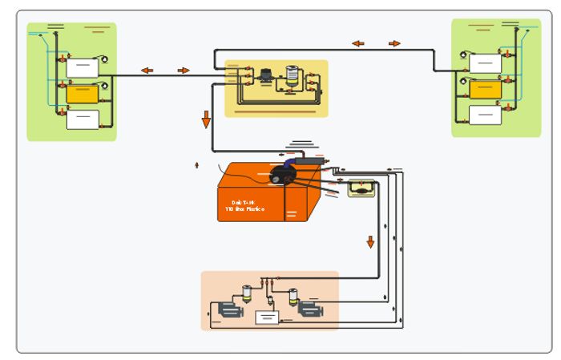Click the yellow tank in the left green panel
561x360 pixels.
[x=82, y=94]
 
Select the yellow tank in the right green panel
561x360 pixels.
[x=485, y=89]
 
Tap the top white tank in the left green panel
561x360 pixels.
[x=82, y=67]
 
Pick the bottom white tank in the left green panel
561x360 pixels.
[x=82, y=119]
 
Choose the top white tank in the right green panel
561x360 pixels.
[x=485, y=63]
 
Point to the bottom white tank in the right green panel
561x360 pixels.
[x=485, y=115]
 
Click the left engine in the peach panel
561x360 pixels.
[x=228, y=309]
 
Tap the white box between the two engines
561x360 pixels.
[x=267, y=318]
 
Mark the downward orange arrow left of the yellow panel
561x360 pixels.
[x=206, y=119]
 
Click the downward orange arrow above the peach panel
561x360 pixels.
[x=370, y=241]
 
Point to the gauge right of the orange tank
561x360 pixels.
[x=361, y=189]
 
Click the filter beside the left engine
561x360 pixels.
[x=248, y=294]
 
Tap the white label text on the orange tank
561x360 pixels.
[x=248, y=206]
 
